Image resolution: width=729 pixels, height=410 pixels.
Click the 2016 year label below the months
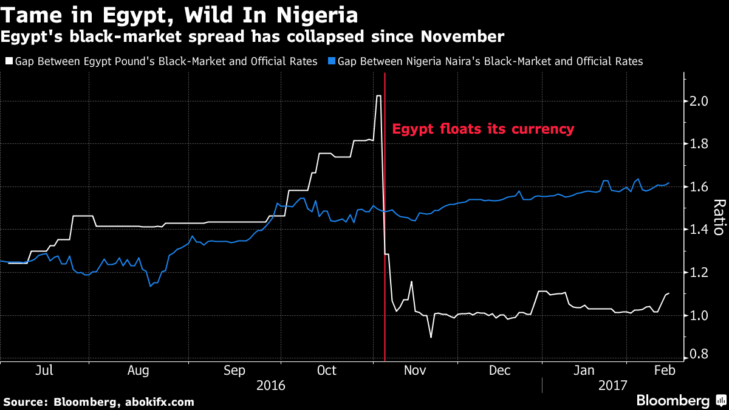click(272, 385)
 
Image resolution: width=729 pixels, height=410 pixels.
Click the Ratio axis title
click(719, 217)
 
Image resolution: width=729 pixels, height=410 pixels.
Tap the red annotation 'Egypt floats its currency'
click(483, 129)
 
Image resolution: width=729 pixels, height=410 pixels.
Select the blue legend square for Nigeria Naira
click(331, 61)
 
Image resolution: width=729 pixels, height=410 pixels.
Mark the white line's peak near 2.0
click(378, 96)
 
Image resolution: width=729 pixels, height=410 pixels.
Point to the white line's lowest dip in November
click(431, 337)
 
